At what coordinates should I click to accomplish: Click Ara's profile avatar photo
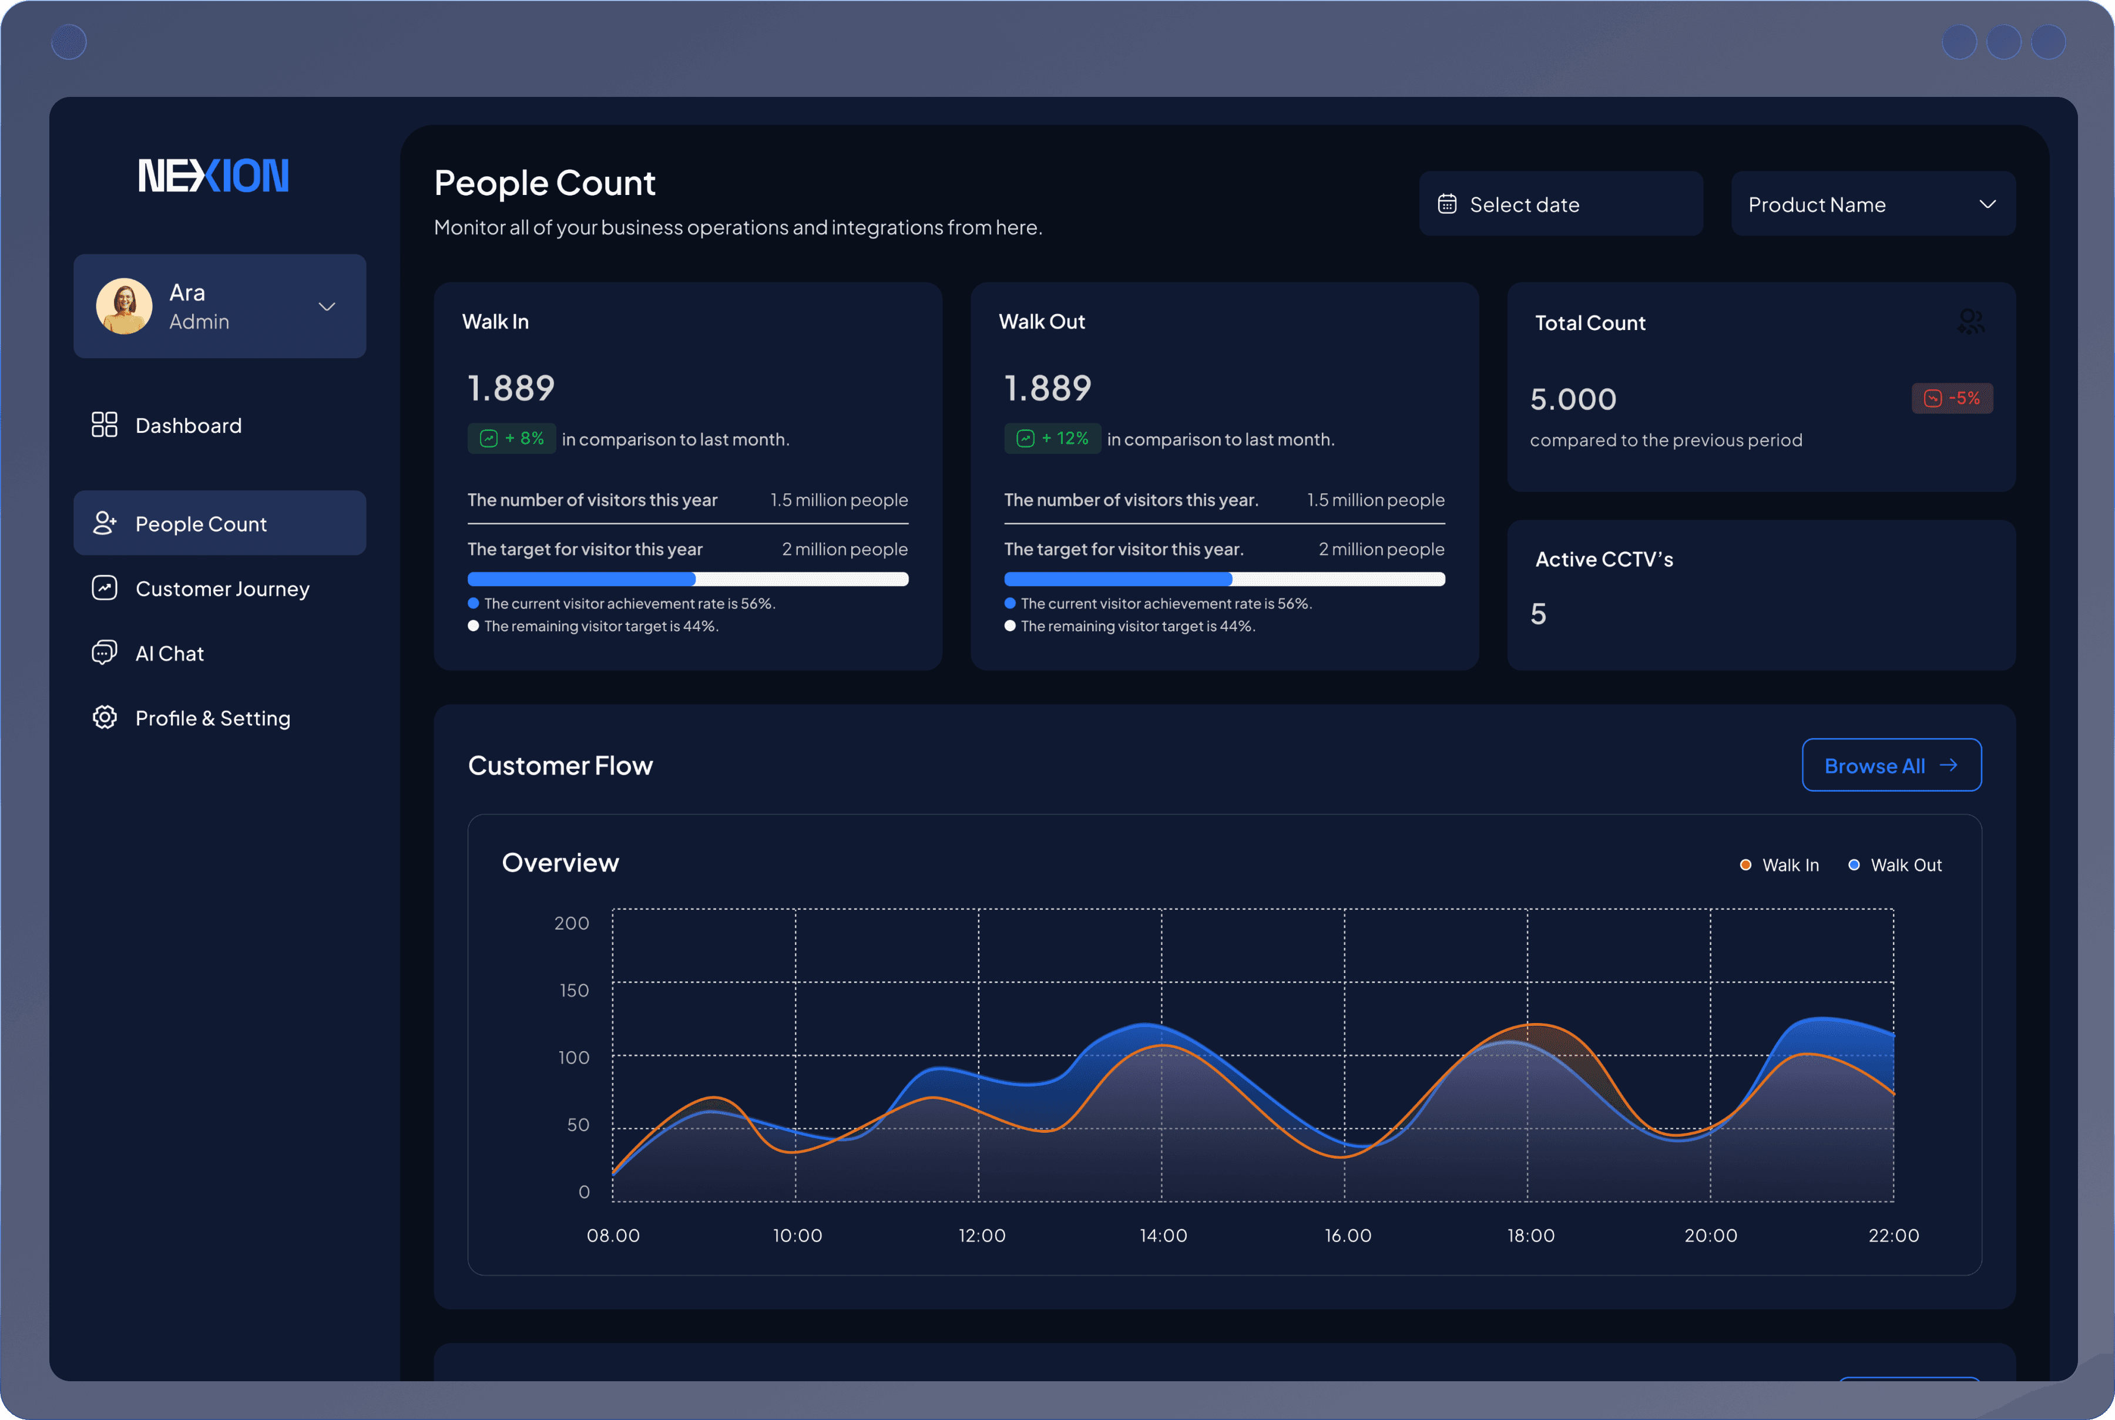coord(124,306)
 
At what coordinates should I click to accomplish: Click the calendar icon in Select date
coord(1446,205)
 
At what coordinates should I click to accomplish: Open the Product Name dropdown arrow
coord(1988,205)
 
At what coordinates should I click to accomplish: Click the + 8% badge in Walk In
coord(512,438)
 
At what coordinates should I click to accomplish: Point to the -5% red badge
coord(1952,399)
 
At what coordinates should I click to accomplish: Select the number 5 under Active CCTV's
coord(1538,614)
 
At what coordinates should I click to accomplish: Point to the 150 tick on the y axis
coord(574,990)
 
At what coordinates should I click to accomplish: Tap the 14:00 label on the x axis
coord(1163,1235)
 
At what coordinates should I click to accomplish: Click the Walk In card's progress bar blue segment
coord(582,578)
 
